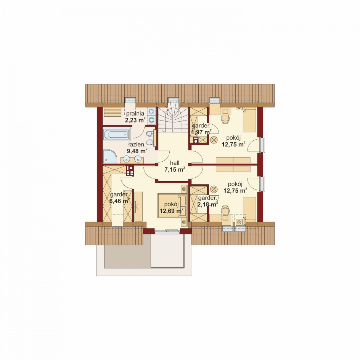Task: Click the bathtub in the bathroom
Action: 117,135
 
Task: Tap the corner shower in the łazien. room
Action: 110,156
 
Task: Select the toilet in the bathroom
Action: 150,142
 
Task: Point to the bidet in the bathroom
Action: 150,133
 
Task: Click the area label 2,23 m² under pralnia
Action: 135,120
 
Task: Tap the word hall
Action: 175,163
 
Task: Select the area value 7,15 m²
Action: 175,169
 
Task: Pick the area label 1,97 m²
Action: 201,132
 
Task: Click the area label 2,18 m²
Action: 207,204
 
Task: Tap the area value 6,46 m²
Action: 119,201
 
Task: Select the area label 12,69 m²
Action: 171,211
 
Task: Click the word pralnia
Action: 135,113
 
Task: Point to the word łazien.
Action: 137,145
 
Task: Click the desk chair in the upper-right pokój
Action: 225,118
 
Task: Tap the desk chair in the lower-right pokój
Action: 225,210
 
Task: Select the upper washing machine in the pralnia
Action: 151,112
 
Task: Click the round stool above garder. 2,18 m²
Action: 214,189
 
